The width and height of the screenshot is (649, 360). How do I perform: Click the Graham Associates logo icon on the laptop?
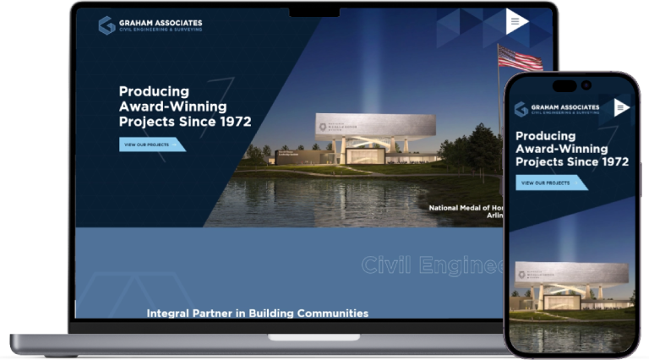(106, 25)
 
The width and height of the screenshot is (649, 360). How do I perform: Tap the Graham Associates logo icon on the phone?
(521, 109)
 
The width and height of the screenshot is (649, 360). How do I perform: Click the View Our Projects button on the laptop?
(151, 145)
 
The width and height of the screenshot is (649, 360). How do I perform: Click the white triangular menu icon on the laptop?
(516, 21)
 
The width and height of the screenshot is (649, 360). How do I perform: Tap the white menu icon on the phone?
(621, 107)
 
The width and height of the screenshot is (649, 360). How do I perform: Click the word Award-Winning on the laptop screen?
(172, 106)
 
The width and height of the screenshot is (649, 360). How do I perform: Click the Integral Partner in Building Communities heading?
(258, 313)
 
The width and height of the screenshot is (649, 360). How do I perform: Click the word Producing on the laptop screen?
(154, 91)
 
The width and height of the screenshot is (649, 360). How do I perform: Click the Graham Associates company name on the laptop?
(161, 23)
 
